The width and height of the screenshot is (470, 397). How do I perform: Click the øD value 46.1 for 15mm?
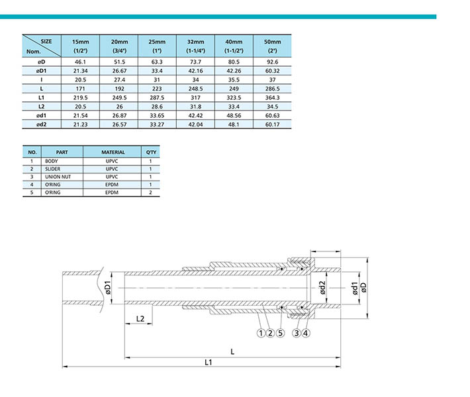point(80,62)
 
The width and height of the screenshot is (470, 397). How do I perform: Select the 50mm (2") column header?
point(273,46)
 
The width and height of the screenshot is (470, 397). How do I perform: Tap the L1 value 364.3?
point(273,98)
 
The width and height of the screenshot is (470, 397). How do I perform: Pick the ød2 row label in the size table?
point(41,124)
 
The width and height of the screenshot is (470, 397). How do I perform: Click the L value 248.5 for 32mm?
point(195,89)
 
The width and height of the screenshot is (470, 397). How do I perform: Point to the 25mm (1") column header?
point(157,46)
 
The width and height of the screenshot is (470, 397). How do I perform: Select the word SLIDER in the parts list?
point(52,169)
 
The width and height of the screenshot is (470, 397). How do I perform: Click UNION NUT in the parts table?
point(58,177)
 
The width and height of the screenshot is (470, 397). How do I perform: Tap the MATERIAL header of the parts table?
point(113,152)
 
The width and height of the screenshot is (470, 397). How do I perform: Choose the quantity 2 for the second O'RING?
point(150,193)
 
